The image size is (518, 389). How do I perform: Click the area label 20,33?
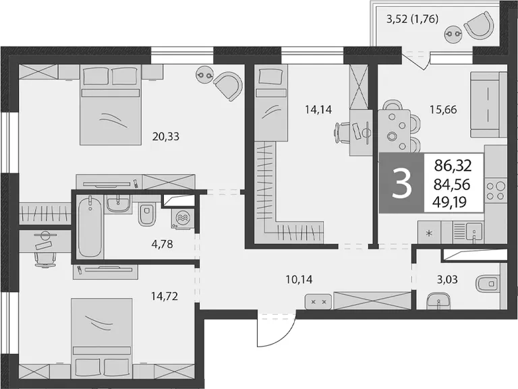tap(165, 136)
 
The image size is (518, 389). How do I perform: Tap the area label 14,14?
tap(318, 109)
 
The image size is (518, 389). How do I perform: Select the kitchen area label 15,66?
tap(443, 110)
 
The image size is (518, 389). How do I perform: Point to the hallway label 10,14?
tap(299, 280)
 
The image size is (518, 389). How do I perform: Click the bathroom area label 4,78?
tap(162, 245)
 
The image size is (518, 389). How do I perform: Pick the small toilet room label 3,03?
tap(447, 280)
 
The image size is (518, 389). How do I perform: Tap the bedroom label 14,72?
tap(165, 296)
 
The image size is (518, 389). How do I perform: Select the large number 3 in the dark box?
tap(402, 183)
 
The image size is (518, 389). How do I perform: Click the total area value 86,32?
tap(453, 166)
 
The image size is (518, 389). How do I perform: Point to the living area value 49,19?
tap(450, 201)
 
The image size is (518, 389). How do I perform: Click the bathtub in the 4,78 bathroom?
tap(90, 227)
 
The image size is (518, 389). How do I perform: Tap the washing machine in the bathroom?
tap(182, 218)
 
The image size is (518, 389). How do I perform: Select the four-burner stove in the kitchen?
tap(496, 191)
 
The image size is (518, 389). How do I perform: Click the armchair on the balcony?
tap(480, 24)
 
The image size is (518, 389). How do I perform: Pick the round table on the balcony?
tap(453, 34)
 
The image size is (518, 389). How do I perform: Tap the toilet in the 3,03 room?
tap(487, 283)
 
